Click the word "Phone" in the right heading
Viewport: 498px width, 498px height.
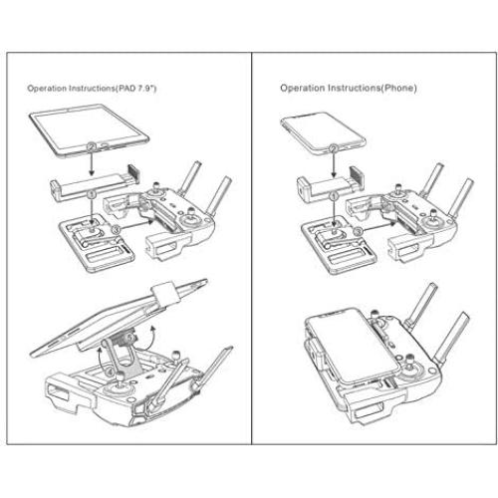coord(395,89)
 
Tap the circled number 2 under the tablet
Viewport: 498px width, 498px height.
coord(92,147)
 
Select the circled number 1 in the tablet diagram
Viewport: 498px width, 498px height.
coord(92,184)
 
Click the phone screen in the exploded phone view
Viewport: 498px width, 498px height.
coord(316,128)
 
